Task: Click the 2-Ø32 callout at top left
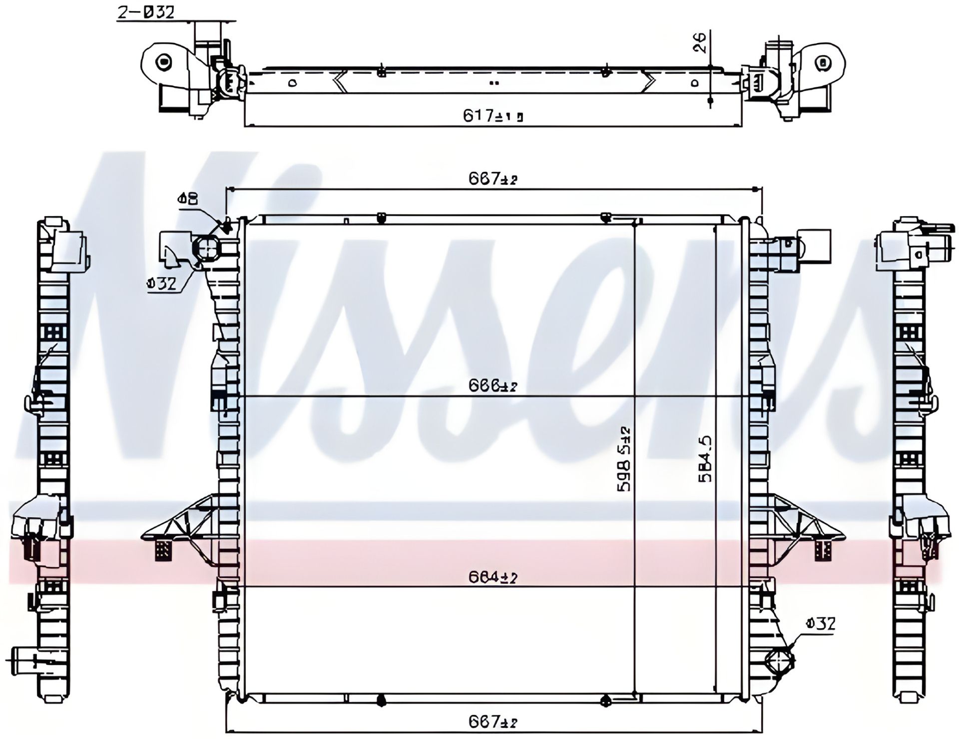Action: point(146,12)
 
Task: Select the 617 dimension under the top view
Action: point(492,116)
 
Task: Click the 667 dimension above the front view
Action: point(492,179)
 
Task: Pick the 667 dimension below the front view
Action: point(492,722)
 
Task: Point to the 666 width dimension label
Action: point(492,385)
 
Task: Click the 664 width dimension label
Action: point(492,578)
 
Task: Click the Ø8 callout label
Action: point(187,199)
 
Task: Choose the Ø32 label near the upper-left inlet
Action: point(162,284)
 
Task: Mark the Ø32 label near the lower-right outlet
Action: point(821,624)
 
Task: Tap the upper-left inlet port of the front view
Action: point(207,248)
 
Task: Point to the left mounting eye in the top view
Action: point(163,62)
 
